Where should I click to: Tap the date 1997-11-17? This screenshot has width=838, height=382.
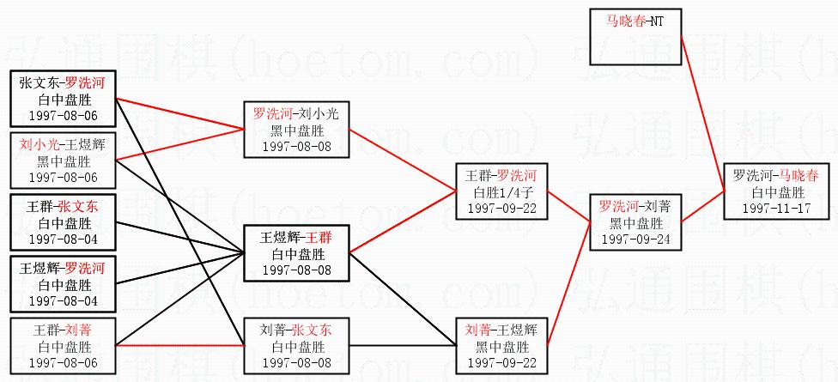click(x=776, y=209)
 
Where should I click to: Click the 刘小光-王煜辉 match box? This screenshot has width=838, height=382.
click(x=62, y=161)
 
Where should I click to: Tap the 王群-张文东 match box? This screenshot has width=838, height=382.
click(x=62, y=222)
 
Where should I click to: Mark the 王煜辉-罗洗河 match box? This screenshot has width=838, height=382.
click(x=62, y=284)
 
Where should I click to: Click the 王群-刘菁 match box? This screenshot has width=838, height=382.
click(x=62, y=346)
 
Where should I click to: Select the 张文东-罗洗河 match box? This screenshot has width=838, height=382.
click(x=62, y=99)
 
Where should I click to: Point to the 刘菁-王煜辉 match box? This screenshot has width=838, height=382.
click(x=501, y=346)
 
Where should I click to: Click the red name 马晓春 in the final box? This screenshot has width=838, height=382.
click(x=799, y=176)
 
